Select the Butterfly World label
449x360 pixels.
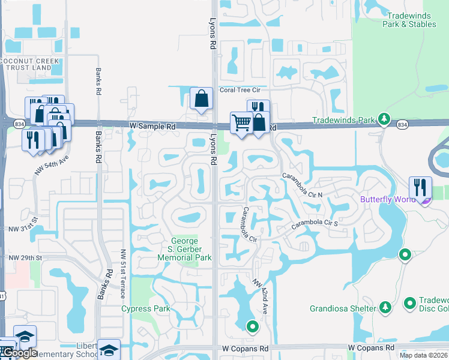(x=388, y=199)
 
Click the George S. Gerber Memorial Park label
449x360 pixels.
(x=184, y=249)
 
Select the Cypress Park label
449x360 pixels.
(x=145, y=309)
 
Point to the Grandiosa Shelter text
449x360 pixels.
(x=343, y=309)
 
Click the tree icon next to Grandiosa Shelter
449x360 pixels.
(x=385, y=308)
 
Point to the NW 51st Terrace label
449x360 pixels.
(x=122, y=274)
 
